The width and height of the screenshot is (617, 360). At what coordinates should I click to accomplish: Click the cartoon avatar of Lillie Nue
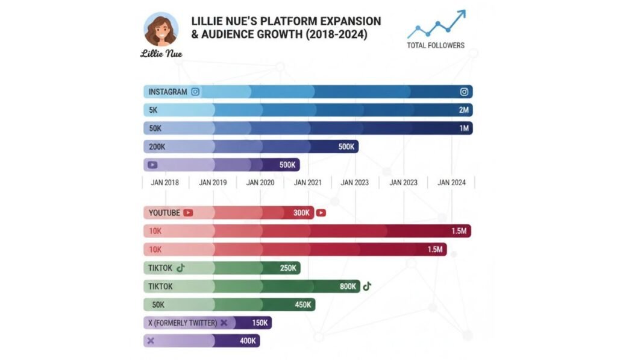pos(161,29)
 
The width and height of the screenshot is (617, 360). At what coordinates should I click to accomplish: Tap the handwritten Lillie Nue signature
pos(161,54)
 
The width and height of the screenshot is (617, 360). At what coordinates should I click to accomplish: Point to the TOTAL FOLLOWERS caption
pos(436,45)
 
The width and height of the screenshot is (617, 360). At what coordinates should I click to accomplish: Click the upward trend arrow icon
pos(437,24)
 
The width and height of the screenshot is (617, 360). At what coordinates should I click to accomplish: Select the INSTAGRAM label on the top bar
pos(168,92)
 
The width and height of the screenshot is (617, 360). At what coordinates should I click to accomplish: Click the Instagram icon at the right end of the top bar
pos(464,92)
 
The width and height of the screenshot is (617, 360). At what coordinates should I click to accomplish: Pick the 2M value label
pos(464,110)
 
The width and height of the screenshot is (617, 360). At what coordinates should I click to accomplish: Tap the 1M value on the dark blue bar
pos(464,128)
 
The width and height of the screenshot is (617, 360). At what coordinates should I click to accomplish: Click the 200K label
pos(158,147)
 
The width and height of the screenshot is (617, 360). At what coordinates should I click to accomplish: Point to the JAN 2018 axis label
pos(165,182)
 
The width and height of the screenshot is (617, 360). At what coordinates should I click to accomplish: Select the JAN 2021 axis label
pos(307,182)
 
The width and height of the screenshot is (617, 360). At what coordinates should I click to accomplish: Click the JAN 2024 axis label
pos(451,182)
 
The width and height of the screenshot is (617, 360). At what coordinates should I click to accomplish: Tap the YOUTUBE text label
pos(164,213)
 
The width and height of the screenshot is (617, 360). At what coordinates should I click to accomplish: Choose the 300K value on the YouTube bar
pos(302,213)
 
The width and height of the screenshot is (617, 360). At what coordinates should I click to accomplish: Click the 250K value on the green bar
pos(288,268)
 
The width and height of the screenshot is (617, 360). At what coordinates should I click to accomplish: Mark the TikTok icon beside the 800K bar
pos(367,286)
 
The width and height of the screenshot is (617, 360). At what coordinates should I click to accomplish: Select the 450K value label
pos(302,305)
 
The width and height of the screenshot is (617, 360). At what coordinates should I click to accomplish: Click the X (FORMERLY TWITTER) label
pos(183,323)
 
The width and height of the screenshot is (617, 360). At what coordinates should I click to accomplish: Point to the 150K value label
pos(260,323)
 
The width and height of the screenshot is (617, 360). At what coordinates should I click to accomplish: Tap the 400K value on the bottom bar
pos(248,341)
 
